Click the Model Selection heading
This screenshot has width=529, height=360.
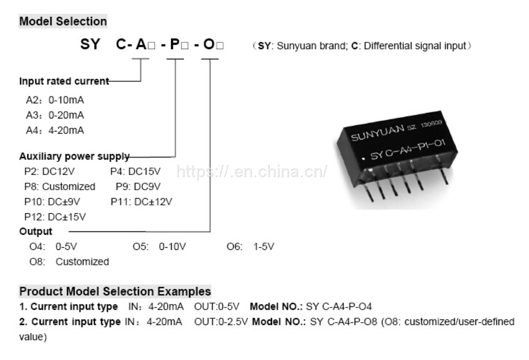pos(63,21)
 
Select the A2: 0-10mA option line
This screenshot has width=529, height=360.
pos(55,100)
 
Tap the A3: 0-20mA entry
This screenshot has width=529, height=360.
pos(55,115)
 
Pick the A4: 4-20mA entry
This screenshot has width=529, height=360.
pos(55,130)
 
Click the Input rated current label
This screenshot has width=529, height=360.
pos(64,81)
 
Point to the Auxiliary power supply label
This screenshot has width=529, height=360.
pos(74,156)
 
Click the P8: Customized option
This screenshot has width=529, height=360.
pos(60,186)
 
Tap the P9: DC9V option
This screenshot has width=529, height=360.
pos(138,186)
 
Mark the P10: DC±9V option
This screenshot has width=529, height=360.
pos(52,201)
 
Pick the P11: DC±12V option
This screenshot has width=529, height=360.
pos(142,201)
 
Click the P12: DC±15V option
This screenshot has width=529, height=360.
pos(54,217)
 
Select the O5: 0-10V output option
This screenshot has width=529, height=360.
pos(159,247)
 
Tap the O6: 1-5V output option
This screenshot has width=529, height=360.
pos(251,247)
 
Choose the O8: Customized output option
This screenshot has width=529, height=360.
pos(69,262)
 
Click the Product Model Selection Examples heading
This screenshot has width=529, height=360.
pos(115,292)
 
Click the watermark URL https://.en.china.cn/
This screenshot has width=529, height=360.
pos(252,172)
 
